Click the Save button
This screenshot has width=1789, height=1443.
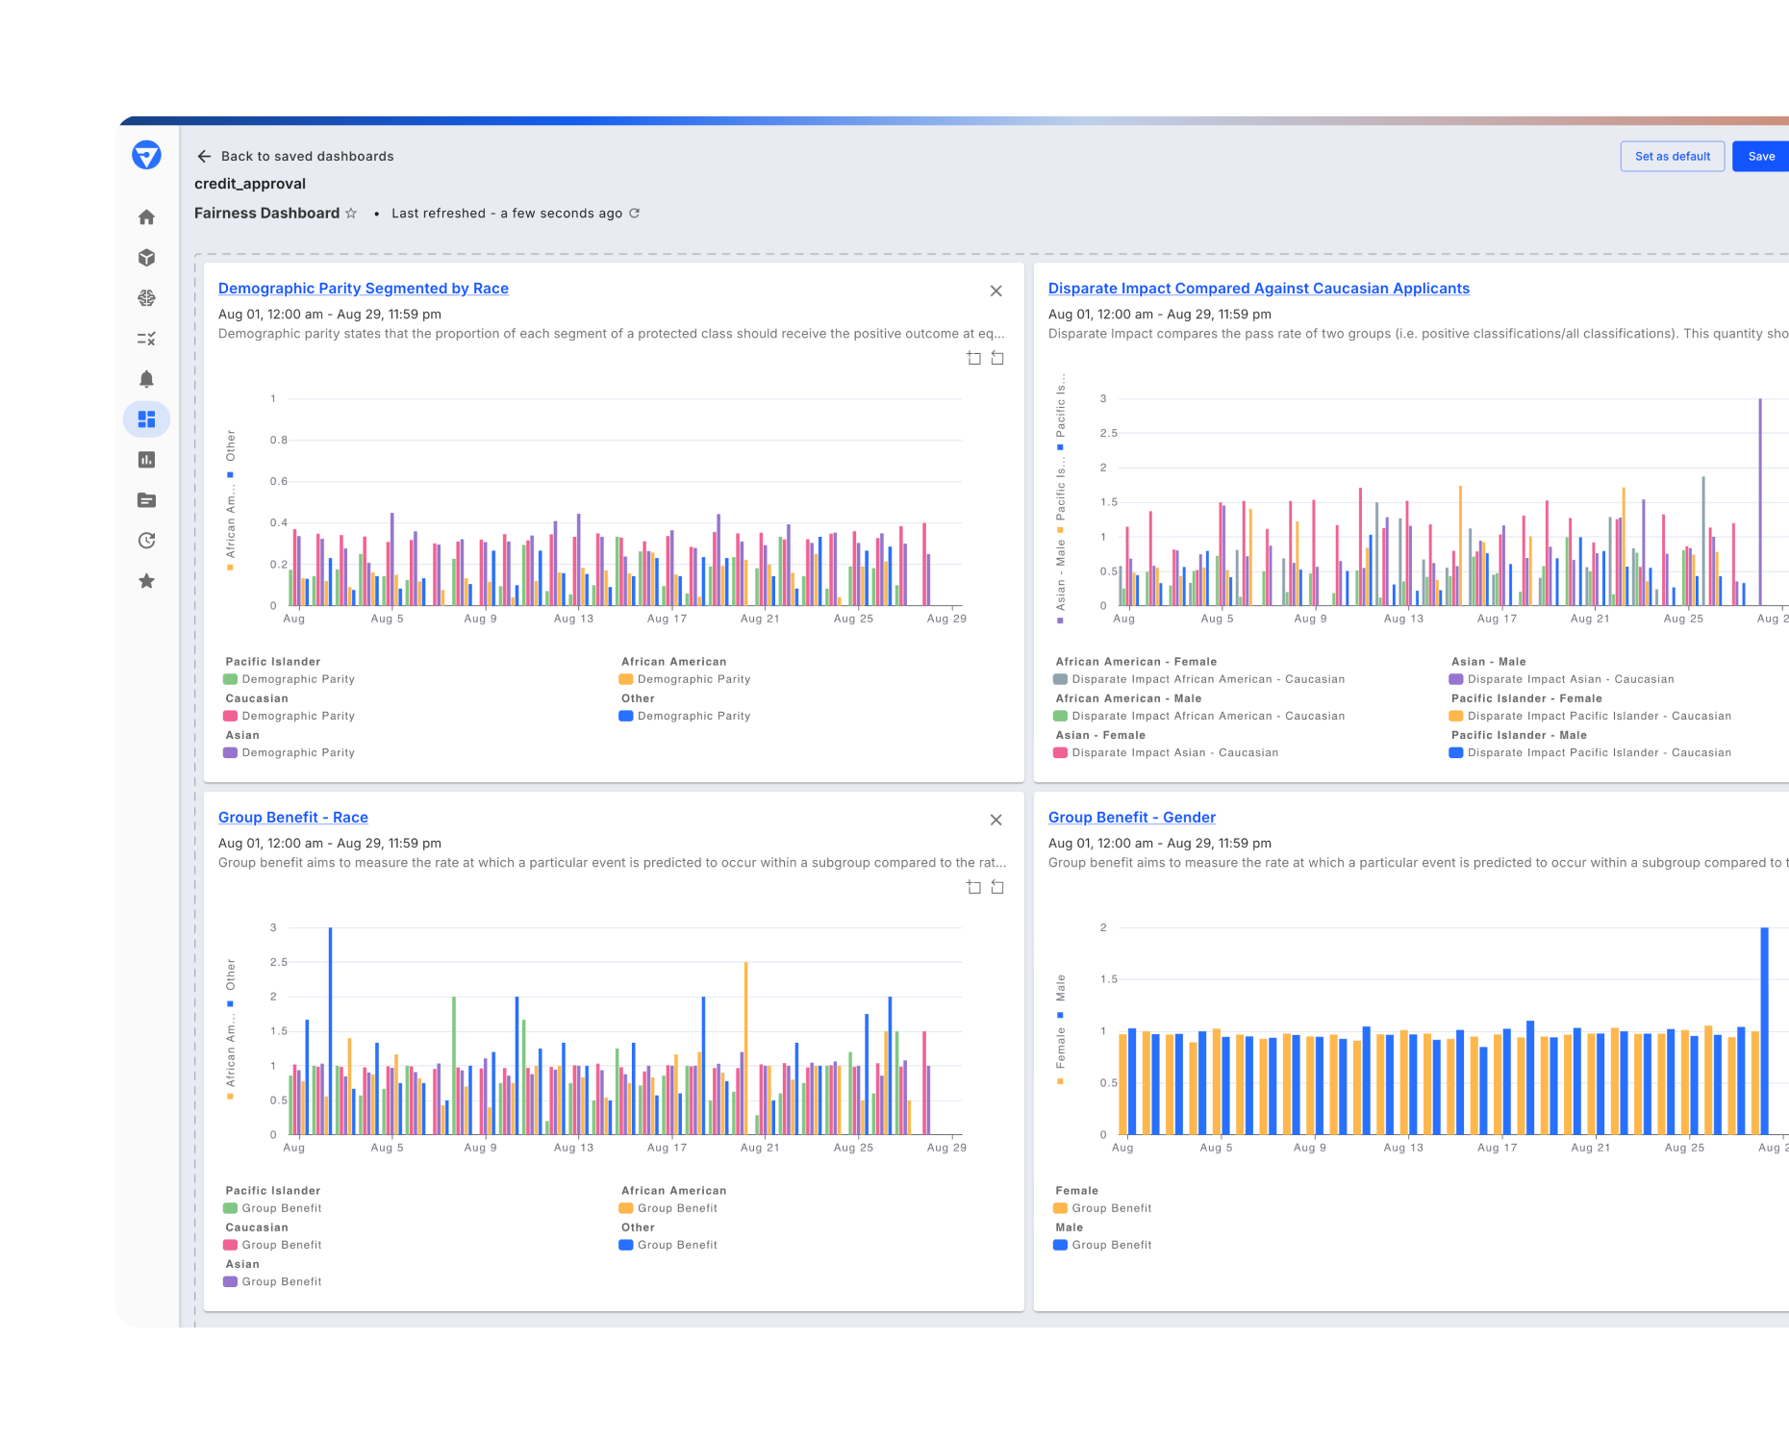(1761, 157)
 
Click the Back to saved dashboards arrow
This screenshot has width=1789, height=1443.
(204, 157)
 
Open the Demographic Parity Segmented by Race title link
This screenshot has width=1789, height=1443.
(363, 289)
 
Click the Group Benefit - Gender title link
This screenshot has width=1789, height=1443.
(1131, 818)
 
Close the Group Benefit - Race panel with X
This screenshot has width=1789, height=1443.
(995, 820)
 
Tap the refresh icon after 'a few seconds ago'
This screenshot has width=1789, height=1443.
(634, 214)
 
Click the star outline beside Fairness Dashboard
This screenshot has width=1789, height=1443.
(351, 214)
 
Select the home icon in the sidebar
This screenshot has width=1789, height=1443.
(146, 217)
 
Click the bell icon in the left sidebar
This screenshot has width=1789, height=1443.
(146, 379)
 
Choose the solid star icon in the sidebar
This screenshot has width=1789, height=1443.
(146, 581)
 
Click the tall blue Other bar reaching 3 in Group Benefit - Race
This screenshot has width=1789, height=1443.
(330, 1029)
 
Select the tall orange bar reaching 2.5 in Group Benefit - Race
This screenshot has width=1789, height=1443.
(745, 1049)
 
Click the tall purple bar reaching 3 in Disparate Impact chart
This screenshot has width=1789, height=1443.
(1760, 500)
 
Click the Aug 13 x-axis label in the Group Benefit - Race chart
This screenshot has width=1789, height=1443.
(573, 1148)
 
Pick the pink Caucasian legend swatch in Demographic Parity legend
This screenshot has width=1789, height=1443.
(231, 717)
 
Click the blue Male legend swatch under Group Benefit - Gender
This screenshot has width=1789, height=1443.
(1060, 1246)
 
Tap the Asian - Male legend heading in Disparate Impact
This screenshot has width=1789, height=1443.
(1488, 662)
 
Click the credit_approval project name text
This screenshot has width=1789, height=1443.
(250, 184)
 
